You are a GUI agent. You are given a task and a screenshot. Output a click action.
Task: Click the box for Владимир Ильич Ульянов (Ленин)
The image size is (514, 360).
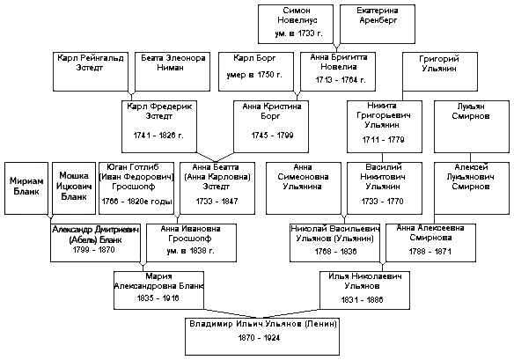[x=262, y=336]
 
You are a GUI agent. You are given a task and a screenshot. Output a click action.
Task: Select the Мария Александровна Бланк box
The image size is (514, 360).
[x=158, y=290]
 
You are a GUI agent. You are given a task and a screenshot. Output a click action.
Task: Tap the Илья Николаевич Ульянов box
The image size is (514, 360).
[x=364, y=290]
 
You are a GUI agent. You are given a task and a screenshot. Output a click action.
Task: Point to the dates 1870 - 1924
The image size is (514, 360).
[x=259, y=338]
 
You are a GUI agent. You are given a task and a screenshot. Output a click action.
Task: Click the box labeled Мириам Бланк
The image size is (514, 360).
[x=26, y=188]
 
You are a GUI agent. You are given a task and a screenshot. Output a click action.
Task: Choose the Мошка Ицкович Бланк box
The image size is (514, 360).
[x=74, y=188]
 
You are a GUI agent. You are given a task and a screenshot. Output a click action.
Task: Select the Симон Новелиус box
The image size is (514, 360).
[x=296, y=24]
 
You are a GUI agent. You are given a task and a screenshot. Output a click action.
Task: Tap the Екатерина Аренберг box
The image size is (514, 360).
[x=378, y=24]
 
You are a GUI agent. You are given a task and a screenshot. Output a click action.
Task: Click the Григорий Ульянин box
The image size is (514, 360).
[x=440, y=71]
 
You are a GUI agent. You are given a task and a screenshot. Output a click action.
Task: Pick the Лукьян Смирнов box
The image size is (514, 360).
[x=472, y=127]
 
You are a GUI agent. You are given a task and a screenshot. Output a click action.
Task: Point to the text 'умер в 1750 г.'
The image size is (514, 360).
[x=254, y=75]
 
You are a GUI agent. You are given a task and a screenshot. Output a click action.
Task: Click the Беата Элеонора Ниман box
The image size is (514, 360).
[x=173, y=71]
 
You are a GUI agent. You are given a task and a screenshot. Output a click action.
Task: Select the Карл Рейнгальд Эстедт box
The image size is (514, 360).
[x=91, y=71]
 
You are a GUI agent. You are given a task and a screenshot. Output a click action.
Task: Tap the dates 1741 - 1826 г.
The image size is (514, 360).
[x=158, y=136]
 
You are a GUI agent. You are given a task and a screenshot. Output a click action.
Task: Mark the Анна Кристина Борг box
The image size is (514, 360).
[x=271, y=127]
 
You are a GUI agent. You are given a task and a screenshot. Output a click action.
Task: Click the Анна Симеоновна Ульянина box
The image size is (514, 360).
[x=304, y=188]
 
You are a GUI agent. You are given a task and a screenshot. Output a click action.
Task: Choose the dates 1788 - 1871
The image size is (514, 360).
[x=430, y=252]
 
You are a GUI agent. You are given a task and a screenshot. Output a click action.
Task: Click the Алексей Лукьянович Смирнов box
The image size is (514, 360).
[x=472, y=188]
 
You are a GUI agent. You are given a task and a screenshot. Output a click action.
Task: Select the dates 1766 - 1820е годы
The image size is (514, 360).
[x=136, y=202]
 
